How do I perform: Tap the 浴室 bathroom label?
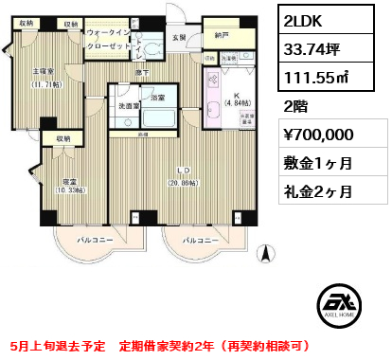(x=157, y=98)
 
